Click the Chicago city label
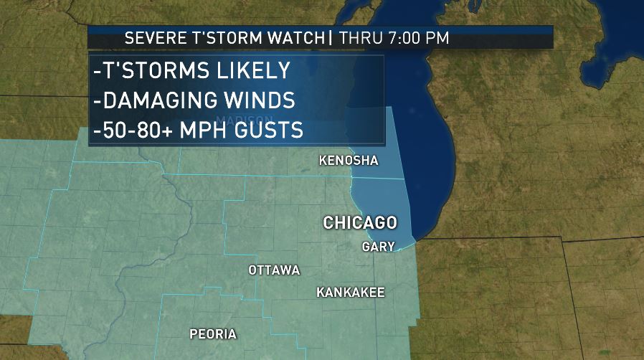360,222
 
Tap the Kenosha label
348,161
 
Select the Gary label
379,246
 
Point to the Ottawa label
274,270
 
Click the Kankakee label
351,293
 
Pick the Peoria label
213,334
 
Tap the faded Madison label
245,120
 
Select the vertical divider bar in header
330,39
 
